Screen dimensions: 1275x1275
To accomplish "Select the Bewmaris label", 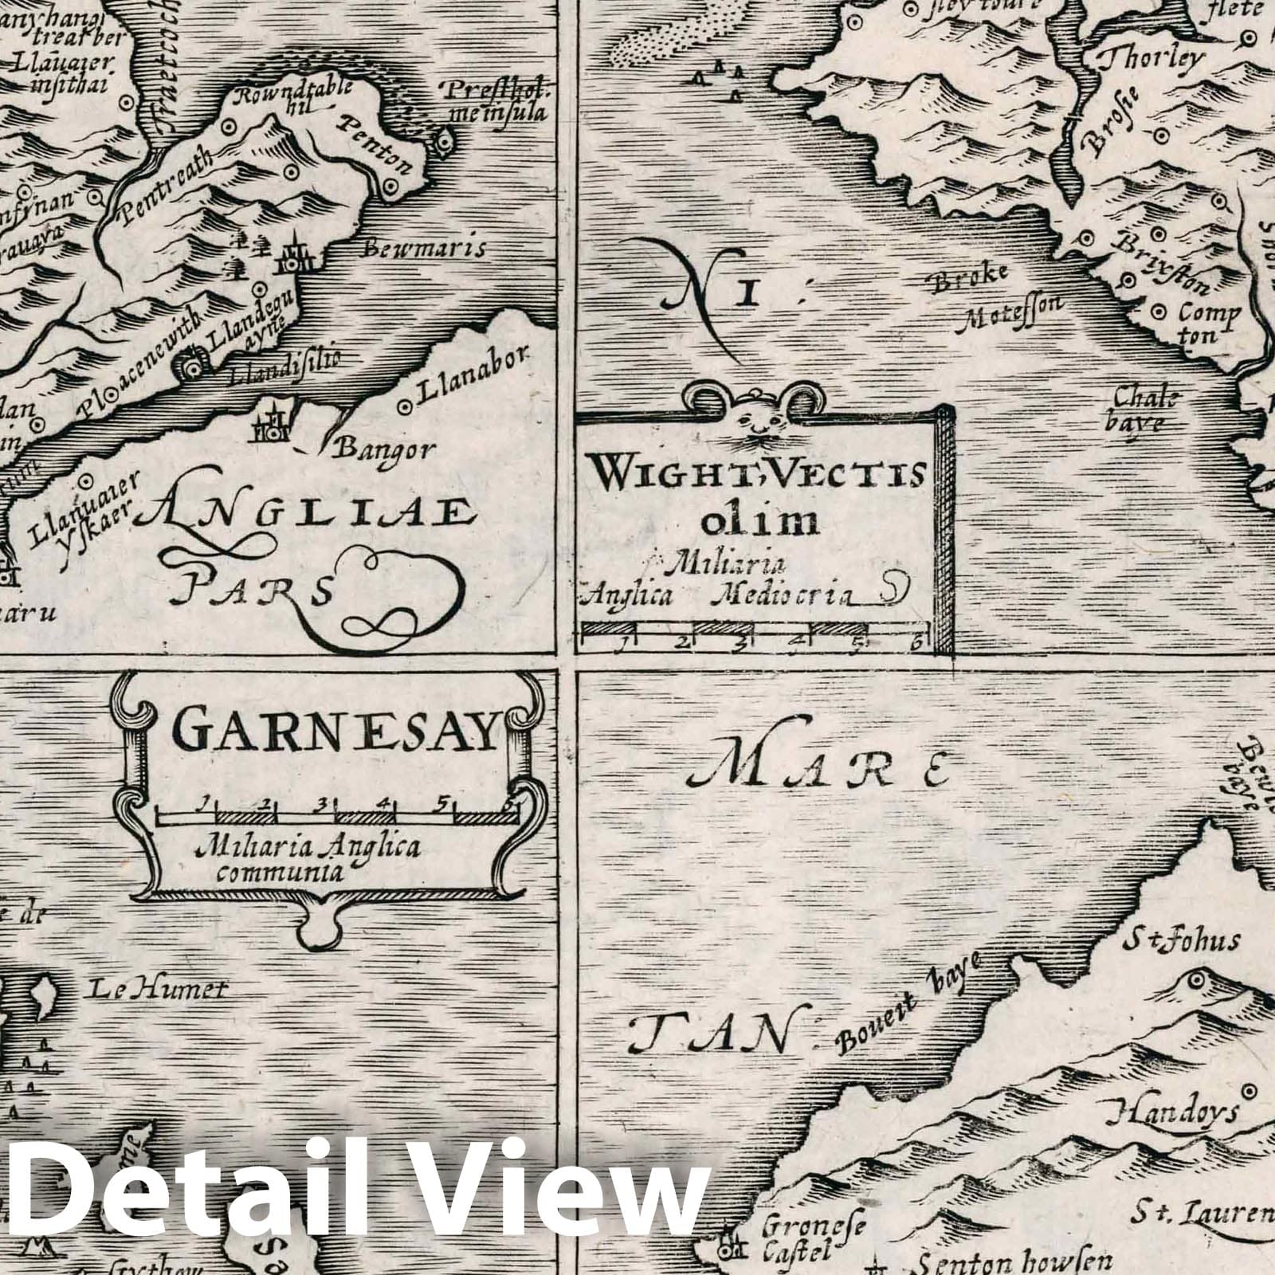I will click(424, 249).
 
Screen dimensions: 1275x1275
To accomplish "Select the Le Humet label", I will click(157, 991).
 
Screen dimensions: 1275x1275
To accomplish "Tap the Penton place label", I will click(378, 143).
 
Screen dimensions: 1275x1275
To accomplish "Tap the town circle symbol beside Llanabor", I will click(405, 406).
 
